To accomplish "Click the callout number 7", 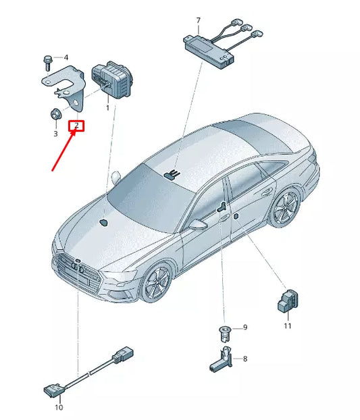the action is pyautogui.click(x=198, y=21).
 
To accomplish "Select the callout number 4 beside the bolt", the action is pyautogui.click(x=66, y=57).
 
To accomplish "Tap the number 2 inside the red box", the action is pyautogui.click(x=76, y=125).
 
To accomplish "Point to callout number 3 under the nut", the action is pyautogui.click(x=55, y=134).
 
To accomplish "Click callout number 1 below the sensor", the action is pyautogui.click(x=107, y=108).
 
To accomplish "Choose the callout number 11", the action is pyautogui.click(x=288, y=326).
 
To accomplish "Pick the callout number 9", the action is pyautogui.click(x=245, y=327).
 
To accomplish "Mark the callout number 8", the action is pyautogui.click(x=245, y=359).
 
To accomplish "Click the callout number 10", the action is pyautogui.click(x=59, y=407).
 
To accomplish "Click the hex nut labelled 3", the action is pyautogui.click(x=56, y=114).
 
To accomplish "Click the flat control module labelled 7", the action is pyautogui.click(x=209, y=51).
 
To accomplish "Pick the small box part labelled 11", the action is pyautogui.click(x=288, y=300).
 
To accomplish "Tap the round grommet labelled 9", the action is pyautogui.click(x=225, y=334).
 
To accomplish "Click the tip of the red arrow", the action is pyautogui.click(x=75, y=130).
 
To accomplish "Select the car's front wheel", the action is pyautogui.click(x=156, y=282).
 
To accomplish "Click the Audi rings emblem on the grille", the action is pyautogui.click(x=78, y=268).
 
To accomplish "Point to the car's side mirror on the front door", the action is pyautogui.click(x=199, y=224).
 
